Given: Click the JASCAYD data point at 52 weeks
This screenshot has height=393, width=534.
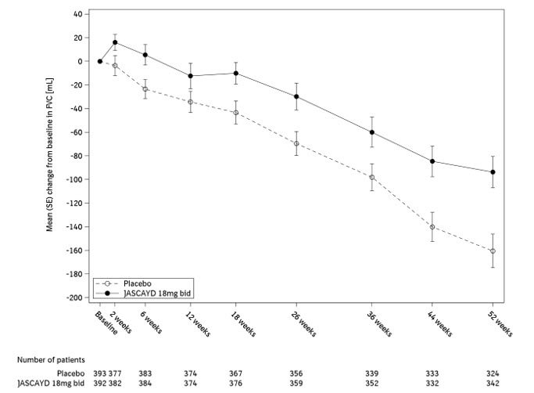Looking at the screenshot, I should pyautogui.click(x=492, y=172).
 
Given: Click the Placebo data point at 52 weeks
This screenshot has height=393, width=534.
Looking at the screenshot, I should pyautogui.click(x=492, y=251).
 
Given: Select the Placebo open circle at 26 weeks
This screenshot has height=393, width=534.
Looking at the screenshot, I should pyautogui.click(x=296, y=144).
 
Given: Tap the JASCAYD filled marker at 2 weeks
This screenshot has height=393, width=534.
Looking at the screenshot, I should pyautogui.click(x=115, y=42).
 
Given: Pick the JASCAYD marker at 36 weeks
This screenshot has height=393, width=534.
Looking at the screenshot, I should pyautogui.click(x=371, y=132).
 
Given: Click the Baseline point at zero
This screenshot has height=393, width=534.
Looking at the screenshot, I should pyautogui.click(x=100, y=61).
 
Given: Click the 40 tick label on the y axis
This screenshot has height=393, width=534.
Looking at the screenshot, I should pyautogui.click(x=77, y=14).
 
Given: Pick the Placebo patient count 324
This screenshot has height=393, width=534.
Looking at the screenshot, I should pyautogui.click(x=492, y=373).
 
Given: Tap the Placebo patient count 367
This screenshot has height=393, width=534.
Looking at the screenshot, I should pyautogui.click(x=235, y=373).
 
